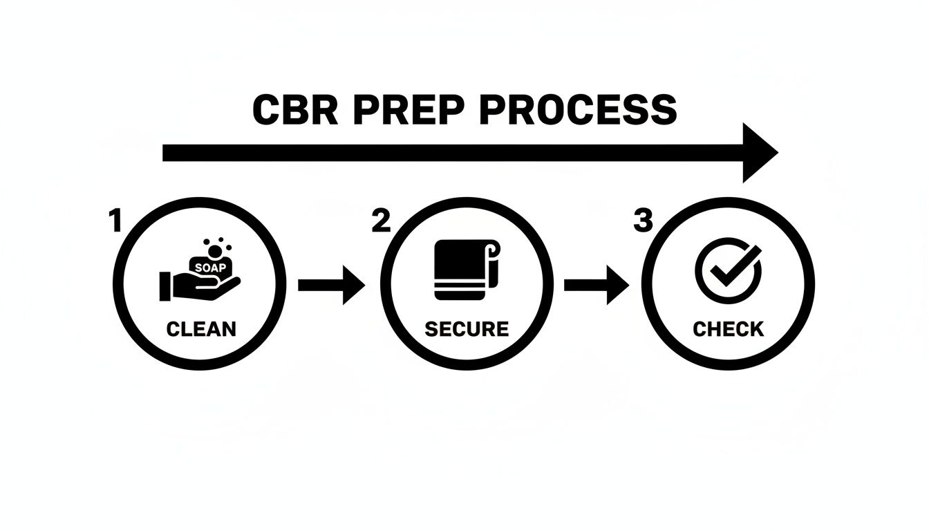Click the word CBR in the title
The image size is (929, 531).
pos(295,111)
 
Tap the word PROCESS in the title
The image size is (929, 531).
pos(577,111)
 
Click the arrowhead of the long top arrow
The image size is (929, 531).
pos(759,153)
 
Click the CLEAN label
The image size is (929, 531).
pos(201,328)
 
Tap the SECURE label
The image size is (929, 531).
pos(467,328)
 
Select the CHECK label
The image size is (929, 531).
pos(729,328)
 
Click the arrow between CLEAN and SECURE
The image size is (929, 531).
pos(331,285)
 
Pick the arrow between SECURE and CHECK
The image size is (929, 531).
pos(597,285)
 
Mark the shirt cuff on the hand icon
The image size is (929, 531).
pos(165,285)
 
